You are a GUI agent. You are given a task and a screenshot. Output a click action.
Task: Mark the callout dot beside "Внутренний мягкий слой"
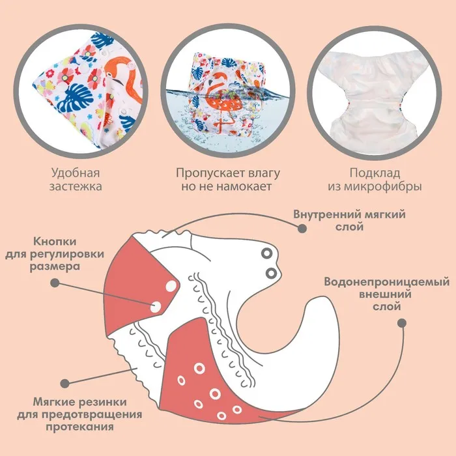click(302, 229)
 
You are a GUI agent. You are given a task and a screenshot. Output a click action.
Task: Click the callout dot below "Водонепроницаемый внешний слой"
click(401, 322)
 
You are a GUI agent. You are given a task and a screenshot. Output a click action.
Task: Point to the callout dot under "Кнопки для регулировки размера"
click(55, 283)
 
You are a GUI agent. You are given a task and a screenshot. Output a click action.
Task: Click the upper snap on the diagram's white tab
click(266, 253)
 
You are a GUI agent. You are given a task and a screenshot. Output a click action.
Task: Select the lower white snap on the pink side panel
click(158, 306)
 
